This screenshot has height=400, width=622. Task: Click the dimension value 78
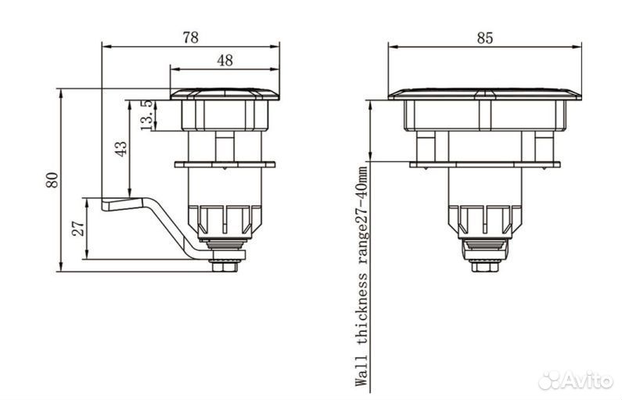click(x=190, y=38)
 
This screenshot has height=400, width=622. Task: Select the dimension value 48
click(x=225, y=60)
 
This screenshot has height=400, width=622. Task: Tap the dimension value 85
click(x=485, y=38)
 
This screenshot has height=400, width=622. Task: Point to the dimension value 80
click(x=52, y=180)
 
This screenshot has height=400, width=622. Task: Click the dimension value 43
click(x=121, y=149)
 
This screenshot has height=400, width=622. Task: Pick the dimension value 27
click(x=78, y=228)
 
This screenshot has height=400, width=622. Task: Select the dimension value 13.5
click(x=146, y=115)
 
